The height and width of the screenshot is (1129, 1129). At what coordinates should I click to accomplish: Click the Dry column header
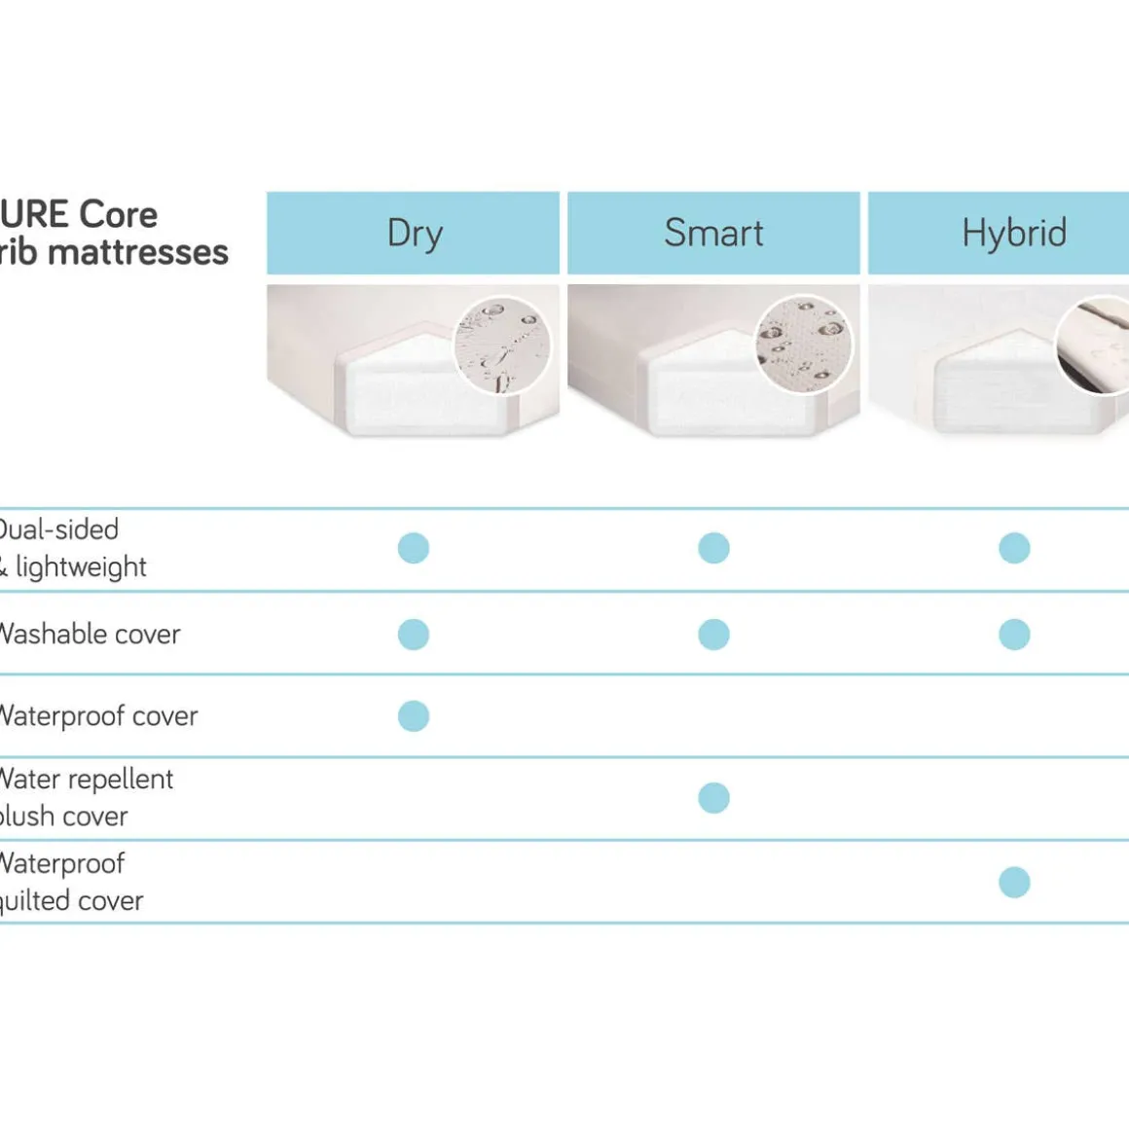[x=414, y=234]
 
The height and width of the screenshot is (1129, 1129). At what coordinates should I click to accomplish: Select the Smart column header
[x=713, y=234]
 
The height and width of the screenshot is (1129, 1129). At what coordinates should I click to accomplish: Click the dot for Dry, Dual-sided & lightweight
[x=414, y=548]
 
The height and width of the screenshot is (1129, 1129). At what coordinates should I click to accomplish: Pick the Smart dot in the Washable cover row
[x=713, y=635]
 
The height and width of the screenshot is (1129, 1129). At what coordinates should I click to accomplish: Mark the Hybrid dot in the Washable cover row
[x=1014, y=635]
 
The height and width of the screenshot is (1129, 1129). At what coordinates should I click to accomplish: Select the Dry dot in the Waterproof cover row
[x=414, y=716]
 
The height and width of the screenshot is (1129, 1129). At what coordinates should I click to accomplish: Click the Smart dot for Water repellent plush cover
[x=713, y=798]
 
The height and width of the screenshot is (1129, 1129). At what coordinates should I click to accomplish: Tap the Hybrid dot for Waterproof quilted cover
[x=1014, y=883]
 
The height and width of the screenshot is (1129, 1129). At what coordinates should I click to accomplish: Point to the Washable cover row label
[x=90, y=635]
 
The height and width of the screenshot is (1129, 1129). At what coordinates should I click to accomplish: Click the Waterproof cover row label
[x=98, y=716]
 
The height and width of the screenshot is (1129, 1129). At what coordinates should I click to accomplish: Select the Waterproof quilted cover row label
[x=70, y=882]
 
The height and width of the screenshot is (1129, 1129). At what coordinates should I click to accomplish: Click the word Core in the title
[x=118, y=214]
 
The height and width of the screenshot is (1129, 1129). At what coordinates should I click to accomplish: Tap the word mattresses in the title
[x=137, y=253]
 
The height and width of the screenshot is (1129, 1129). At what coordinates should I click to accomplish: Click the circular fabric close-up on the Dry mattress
[x=502, y=346]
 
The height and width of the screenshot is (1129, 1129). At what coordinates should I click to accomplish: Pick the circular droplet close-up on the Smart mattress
[x=804, y=346]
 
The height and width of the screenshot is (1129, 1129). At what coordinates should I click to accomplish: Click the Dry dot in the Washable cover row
[x=414, y=635]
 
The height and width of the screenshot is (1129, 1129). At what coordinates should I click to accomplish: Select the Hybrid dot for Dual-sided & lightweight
[x=1014, y=548]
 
